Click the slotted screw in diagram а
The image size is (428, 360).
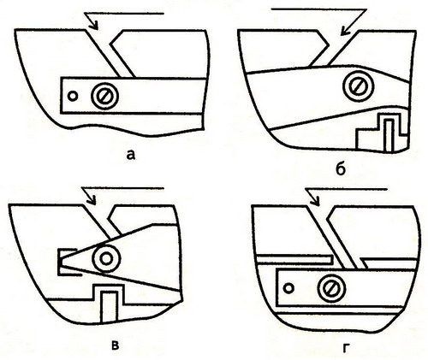click(104, 96)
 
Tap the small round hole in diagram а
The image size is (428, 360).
click(73, 96)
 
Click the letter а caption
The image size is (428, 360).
click(130, 155)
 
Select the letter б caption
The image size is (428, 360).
click(341, 168)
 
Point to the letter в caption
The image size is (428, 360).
click(115, 345)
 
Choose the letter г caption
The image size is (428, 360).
click(346, 348)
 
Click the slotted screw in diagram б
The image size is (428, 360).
click(358, 86)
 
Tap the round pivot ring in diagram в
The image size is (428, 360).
click(106, 258)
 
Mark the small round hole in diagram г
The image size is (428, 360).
click(288, 288)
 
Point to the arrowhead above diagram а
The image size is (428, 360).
click(93, 25)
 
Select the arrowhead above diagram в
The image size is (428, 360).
click(92, 200)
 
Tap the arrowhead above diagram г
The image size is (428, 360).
click(315, 200)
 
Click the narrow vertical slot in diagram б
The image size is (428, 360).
click(389, 135)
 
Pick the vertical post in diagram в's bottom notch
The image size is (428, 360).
click(109, 307)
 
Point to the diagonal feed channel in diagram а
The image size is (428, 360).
click(110, 53)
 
